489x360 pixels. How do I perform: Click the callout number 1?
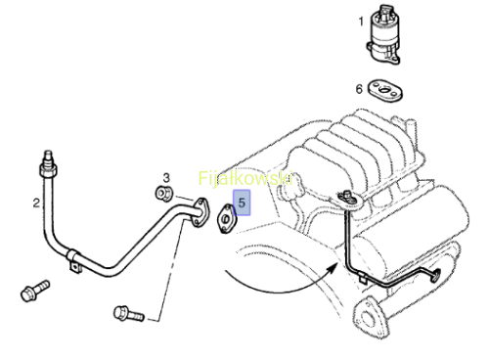coord(361,22)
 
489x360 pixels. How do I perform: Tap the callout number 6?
coord(359,89)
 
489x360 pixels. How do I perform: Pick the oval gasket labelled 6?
coord(385,90)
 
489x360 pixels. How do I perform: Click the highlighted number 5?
coord(242,202)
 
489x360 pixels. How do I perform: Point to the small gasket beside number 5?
coord(226,218)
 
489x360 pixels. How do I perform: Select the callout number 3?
coord(166,178)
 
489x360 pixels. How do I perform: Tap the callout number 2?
coord(36,203)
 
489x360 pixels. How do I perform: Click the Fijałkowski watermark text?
coord(245,178)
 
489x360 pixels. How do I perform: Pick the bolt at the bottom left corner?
coord(34,291)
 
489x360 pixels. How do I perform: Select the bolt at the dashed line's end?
coord(129,314)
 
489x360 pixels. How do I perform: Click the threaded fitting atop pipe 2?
coord(48,164)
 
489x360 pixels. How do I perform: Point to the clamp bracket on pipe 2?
coord(73,260)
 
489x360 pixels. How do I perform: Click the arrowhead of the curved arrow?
coord(333,268)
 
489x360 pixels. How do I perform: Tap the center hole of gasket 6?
coord(384,90)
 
